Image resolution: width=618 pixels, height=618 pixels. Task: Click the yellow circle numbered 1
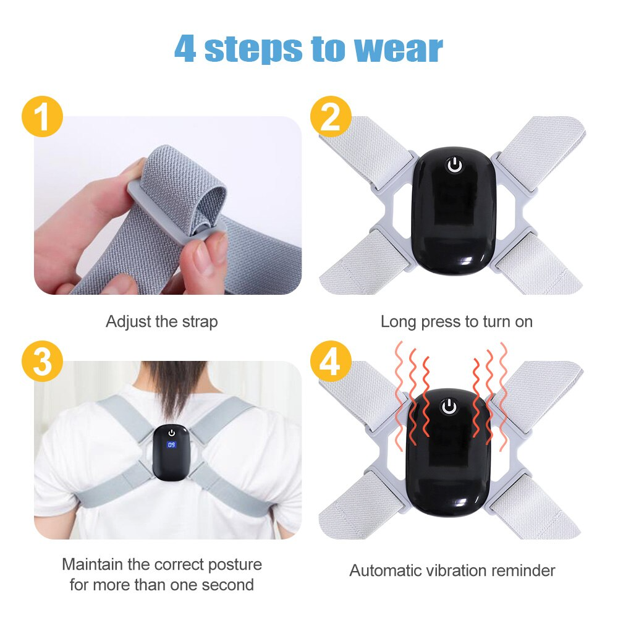coord(42,117)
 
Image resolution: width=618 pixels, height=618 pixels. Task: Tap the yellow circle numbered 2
coord(331,117)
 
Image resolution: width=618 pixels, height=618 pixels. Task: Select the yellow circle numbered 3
coord(42,362)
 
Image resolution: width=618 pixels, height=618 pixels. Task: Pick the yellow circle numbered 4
coord(331,362)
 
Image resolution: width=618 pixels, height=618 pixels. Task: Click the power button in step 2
coord(455,166)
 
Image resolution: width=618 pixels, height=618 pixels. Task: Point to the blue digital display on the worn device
coord(171,444)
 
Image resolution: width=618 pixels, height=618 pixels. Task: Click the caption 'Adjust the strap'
coord(161,322)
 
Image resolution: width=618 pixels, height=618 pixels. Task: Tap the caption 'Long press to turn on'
coord(456,322)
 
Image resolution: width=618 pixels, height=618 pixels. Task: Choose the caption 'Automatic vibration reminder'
coord(452,570)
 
